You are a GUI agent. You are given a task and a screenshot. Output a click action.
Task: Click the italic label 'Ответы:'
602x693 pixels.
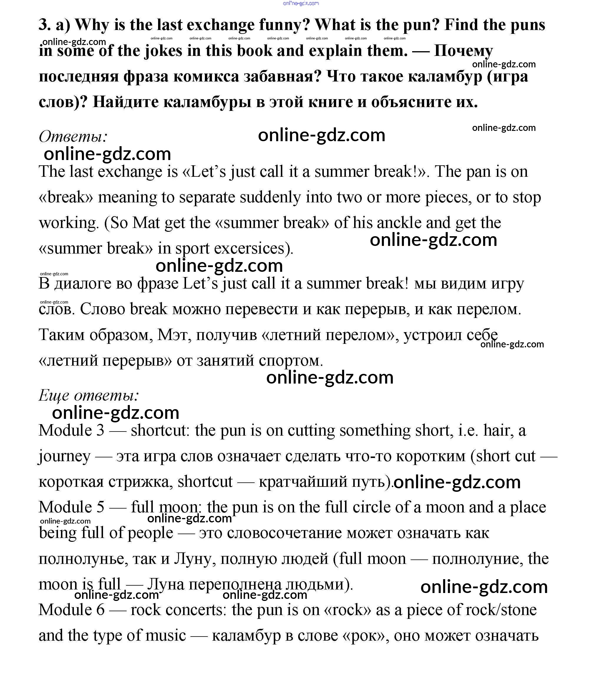[73, 136]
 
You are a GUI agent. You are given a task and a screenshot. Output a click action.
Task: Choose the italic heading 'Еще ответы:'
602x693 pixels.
[89, 395]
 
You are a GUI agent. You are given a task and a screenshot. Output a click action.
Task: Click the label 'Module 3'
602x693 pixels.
[71, 431]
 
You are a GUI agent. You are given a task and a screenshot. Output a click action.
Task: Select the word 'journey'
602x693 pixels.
[64, 457]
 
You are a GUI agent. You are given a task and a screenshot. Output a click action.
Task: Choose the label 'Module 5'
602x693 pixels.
[71, 507]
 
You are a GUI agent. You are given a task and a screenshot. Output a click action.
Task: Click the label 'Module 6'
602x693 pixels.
[71, 610]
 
